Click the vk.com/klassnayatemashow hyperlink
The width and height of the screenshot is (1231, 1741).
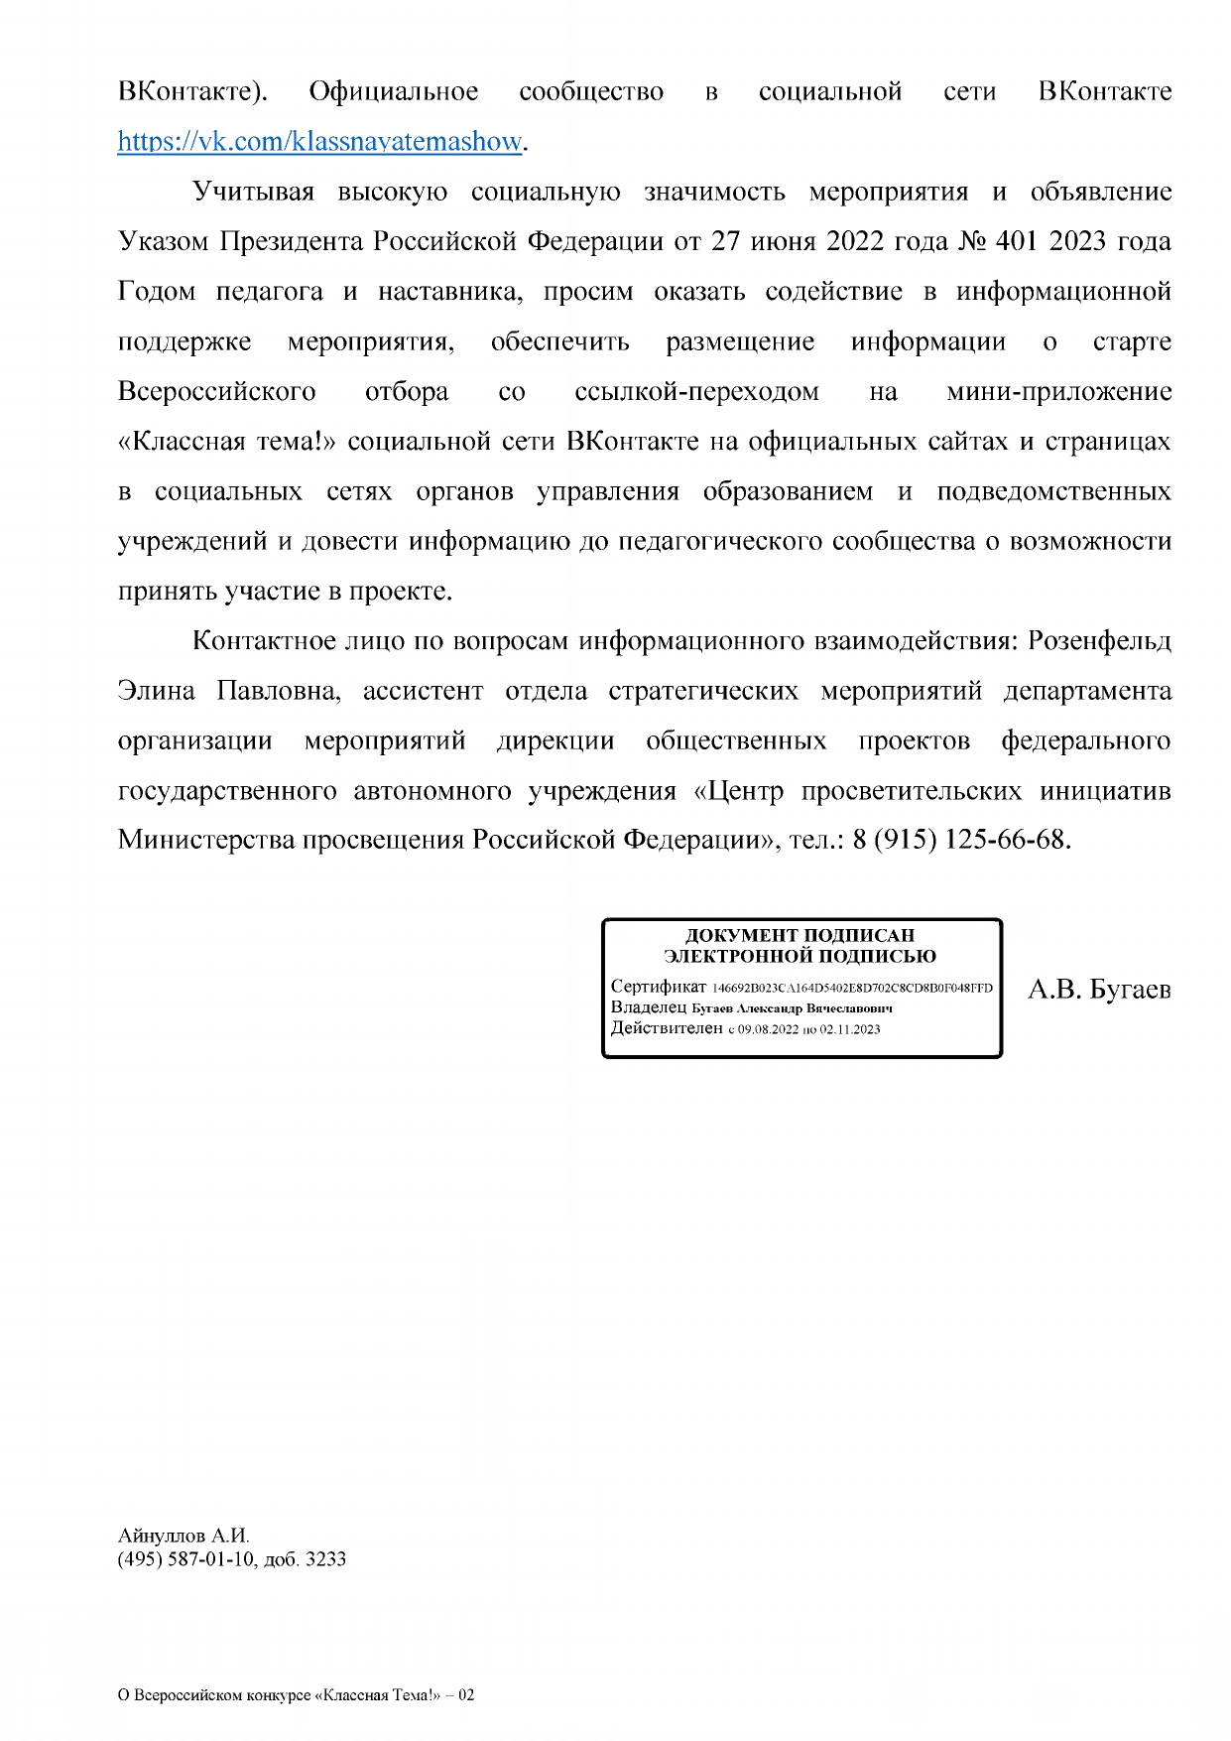[319, 142]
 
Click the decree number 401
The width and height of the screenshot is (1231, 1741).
[1016, 241]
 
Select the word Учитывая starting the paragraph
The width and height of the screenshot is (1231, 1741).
[253, 192]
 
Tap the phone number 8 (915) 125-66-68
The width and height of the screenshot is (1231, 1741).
[959, 840]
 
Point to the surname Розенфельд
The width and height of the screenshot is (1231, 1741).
[1099, 641]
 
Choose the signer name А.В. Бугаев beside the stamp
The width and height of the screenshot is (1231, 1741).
[1099, 990]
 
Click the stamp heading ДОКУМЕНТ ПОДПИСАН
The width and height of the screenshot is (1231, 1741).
[800, 935]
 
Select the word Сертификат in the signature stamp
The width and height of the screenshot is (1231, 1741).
[658, 987]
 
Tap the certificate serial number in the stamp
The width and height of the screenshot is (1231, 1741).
[852, 989]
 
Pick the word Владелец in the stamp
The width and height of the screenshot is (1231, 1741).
[648, 1007]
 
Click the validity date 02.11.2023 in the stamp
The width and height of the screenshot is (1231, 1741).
[850, 1029]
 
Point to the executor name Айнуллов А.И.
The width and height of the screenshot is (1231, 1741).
[184, 1536]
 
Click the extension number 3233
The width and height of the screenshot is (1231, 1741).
[325, 1559]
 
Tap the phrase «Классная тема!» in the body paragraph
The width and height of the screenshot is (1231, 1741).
[227, 442]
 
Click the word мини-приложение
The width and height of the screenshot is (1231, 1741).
[1058, 392]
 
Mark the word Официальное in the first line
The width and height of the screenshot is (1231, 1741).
[393, 92]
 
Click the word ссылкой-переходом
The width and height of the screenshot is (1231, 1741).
[696, 392]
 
